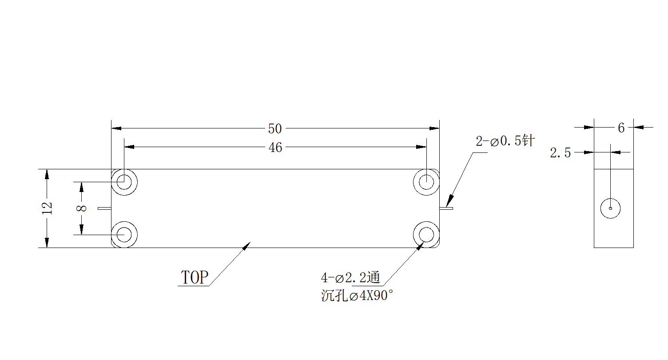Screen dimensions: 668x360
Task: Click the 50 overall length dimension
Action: click(x=274, y=128)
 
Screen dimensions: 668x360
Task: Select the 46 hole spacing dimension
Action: click(x=275, y=148)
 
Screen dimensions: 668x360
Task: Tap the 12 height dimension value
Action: click(x=47, y=208)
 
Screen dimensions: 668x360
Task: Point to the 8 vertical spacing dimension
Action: click(x=81, y=208)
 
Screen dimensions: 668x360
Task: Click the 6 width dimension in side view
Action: click(x=621, y=128)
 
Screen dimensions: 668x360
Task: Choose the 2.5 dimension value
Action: click(x=560, y=153)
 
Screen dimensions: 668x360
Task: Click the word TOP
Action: click(x=195, y=277)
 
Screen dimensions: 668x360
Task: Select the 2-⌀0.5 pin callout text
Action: click(x=505, y=140)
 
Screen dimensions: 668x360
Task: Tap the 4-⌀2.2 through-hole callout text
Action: click(x=350, y=277)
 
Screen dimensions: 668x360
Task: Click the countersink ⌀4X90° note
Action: click(x=357, y=296)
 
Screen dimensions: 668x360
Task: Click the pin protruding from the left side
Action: click(x=105, y=208)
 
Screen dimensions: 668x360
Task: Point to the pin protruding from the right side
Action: click(x=446, y=208)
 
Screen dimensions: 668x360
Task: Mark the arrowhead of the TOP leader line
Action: click(x=247, y=246)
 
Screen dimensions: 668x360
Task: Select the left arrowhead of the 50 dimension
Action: click(x=116, y=128)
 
